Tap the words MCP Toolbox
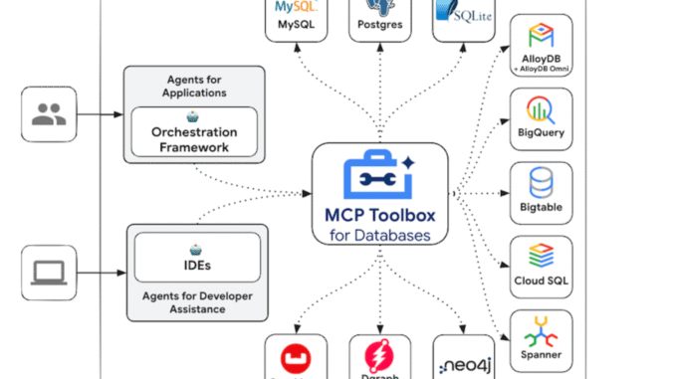379,216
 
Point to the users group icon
48,114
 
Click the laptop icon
48,272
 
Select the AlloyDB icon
541,38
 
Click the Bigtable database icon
541,182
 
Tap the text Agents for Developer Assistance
196,301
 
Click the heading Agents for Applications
194,87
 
